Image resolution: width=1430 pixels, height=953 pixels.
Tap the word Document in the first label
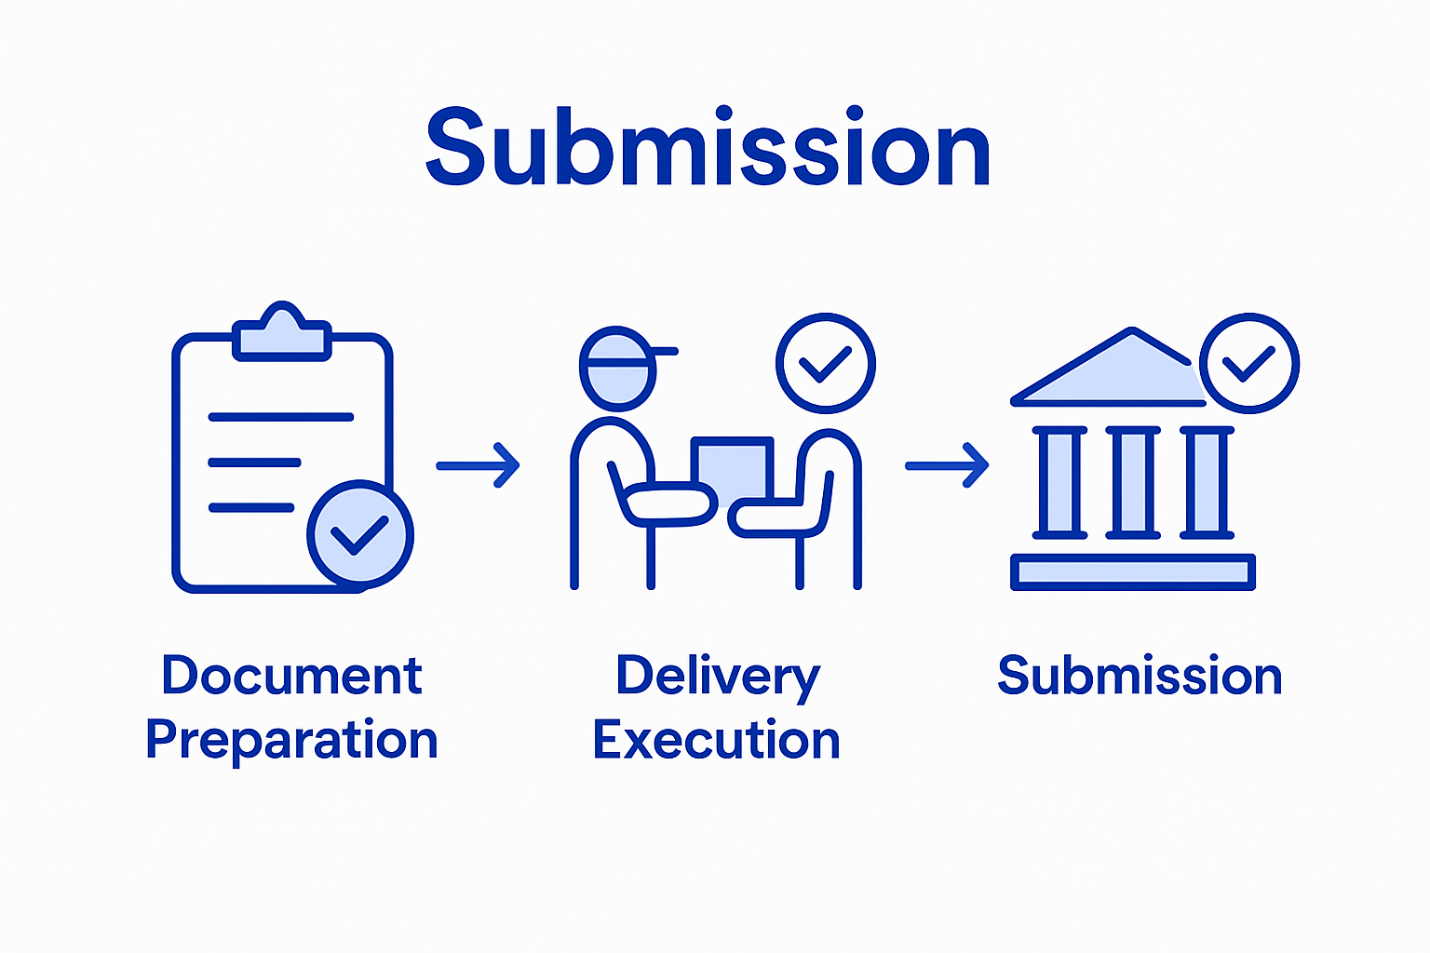coord(291,677)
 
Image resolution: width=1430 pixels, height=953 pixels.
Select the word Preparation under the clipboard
coord(291,741)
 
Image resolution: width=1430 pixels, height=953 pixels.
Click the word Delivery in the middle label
coord(717,677)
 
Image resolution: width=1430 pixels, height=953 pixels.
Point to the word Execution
coord(716,741)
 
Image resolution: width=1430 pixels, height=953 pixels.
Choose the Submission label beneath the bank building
coord(1140,677)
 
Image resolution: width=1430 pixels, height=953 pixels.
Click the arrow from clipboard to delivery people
coord(478,465)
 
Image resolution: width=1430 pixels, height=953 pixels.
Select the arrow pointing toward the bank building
coord(947,465)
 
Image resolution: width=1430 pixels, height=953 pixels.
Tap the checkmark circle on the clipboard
coord(360,535)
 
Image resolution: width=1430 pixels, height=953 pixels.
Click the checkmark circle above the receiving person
coord(826,363)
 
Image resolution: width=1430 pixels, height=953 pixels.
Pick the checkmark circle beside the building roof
coord(1248,363)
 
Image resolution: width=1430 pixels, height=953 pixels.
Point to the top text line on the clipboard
coord(280,417)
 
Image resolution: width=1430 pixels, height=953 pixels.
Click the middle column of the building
coord(1133,482)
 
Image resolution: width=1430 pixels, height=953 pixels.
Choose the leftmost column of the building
coord(1059,482)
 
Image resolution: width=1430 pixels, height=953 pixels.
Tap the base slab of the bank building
coord(1133,572)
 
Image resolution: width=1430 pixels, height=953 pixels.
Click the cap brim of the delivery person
coord(663,352)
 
